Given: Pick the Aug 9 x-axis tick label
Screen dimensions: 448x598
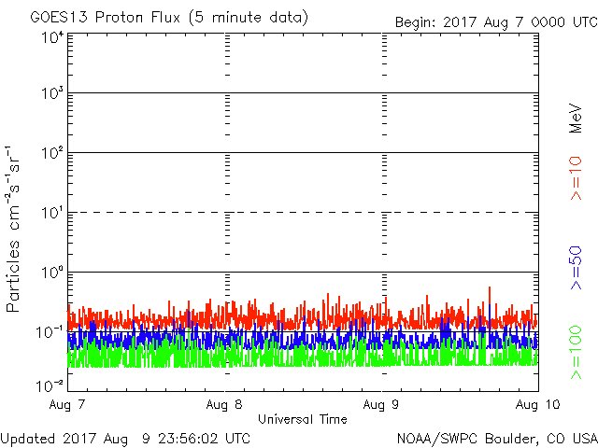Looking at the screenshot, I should tap(381, 405).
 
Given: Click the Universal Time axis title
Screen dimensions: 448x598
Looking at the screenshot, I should tap(303, 419).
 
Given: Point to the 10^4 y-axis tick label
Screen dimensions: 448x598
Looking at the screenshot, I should tap(51, 37).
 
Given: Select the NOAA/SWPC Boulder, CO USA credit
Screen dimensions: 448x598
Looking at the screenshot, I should tap(495, 438).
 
